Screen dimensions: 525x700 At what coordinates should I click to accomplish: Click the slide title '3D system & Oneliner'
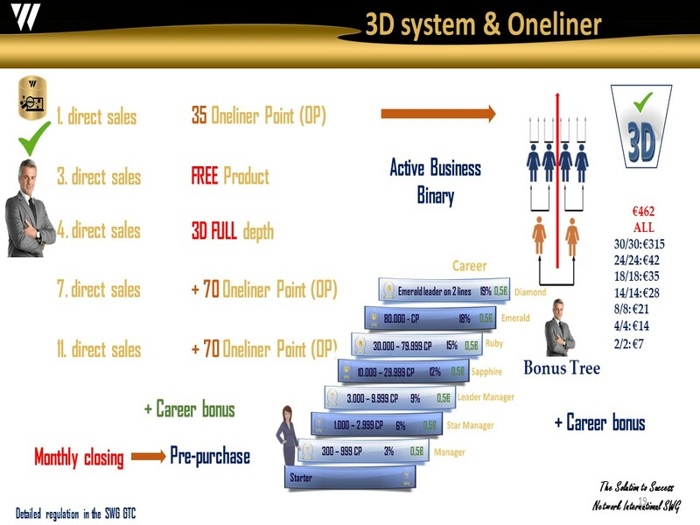[483, 24]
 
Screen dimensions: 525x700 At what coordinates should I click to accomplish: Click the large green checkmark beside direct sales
[34, 139]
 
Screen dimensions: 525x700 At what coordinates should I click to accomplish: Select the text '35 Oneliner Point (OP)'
[258, 115]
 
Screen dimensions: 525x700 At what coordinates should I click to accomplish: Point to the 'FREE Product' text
[230, 176]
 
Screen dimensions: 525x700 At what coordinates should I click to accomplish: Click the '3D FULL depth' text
[232, 231]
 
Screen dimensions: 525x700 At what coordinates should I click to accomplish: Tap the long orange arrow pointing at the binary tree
[437, 114]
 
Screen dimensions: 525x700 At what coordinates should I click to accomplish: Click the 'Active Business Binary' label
[435, 180]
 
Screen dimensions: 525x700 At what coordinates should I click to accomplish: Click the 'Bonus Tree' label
[562, 368]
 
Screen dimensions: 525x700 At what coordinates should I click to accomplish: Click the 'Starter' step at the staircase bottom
[350, 478]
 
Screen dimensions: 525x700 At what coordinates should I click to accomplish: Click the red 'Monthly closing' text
[79, 457]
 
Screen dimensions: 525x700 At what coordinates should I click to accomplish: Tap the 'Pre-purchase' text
[210, 456]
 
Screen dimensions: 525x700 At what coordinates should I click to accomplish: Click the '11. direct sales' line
[98, 350]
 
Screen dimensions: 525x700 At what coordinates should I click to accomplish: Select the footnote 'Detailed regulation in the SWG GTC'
[75, 512]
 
